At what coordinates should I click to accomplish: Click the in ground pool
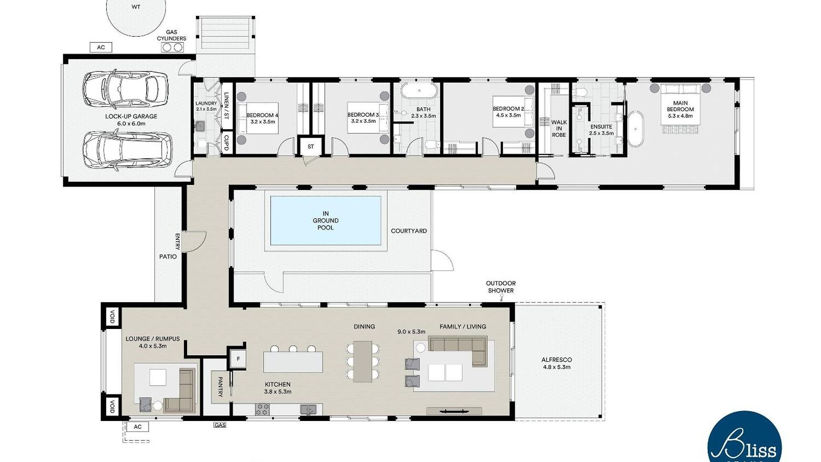[x=325, y=221]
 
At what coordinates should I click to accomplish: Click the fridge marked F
[x=238, y=359]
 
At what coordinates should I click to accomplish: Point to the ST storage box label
[x=311, y=147]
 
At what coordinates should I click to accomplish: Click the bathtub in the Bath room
[x=419, y=91]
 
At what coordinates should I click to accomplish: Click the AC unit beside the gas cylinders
[x=101, y=47]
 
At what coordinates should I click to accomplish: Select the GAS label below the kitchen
[x=220, y=425]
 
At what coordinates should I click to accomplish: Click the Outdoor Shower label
[x=501, y=287]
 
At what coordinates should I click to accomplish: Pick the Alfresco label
[x=556, y=363]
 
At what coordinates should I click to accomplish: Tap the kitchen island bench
[x=293, y=362]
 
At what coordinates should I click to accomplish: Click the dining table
[x=363, y=361]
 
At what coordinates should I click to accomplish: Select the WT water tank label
[x=136, y=7]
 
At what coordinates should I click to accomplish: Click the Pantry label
[x=220, y=387]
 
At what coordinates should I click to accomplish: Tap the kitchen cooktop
[x=262, y=409]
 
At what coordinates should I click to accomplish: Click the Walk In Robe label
[x=559, y=128]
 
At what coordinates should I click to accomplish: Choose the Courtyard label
[x=409, y=231]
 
